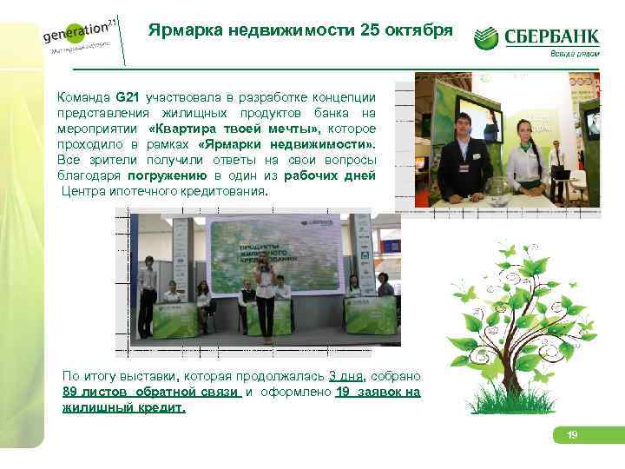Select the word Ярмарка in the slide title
point(186,30)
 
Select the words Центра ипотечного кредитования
point(166,190)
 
